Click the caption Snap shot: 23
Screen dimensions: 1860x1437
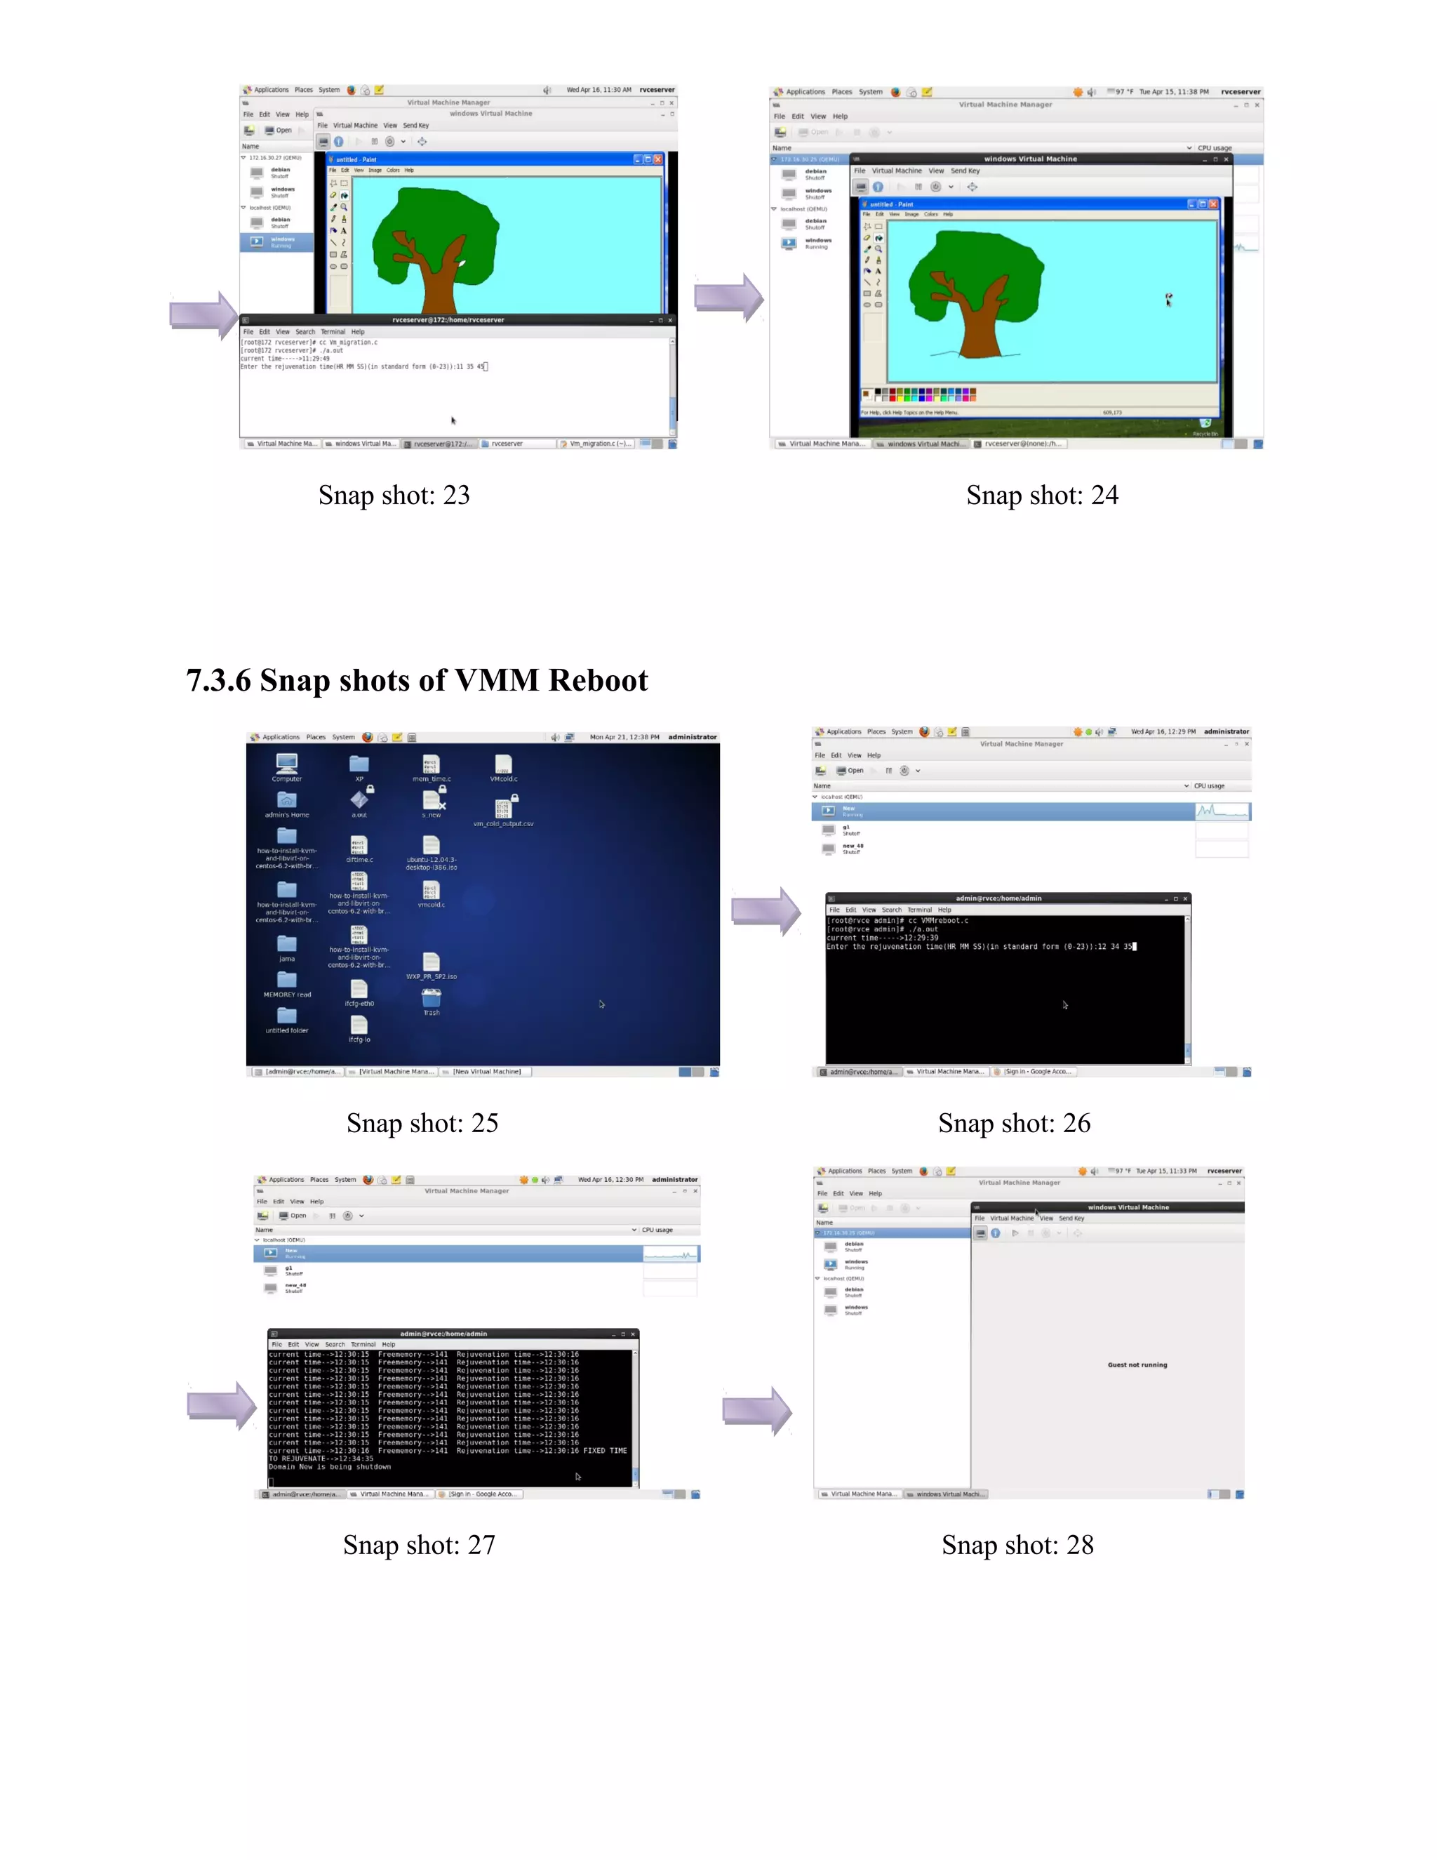pyautogui.click(x=394, y=495)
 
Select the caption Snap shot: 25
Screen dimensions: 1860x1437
pyautogui.click(x=422, y=1122)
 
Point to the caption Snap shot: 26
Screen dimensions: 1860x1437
pyautogui.click(x=1013, y=1122)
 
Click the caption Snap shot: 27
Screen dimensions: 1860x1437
pyautogui.click(x=418, y=1544)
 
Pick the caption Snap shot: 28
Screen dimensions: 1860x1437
pyautogui.click(x=1017, y=1544)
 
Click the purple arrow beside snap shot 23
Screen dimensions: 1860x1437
pyautogui.click(x=203, y=314)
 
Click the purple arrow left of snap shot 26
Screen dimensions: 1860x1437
pyautogui.click(x=765, y=910)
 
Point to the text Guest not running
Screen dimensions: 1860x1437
pyautogui.click(x=1137, y=1364)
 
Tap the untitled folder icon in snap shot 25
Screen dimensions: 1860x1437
pyautogui.click(x=287, y=1016)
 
